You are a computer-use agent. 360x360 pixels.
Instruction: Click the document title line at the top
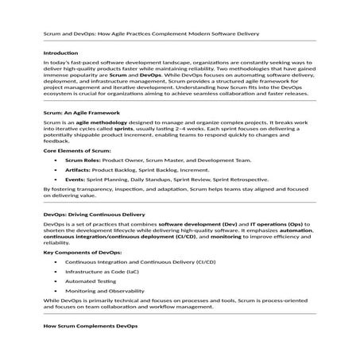150,35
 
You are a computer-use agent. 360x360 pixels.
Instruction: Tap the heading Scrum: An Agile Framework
82,114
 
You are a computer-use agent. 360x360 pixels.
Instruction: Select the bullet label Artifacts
77,169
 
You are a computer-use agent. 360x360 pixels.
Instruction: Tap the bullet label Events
75,180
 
